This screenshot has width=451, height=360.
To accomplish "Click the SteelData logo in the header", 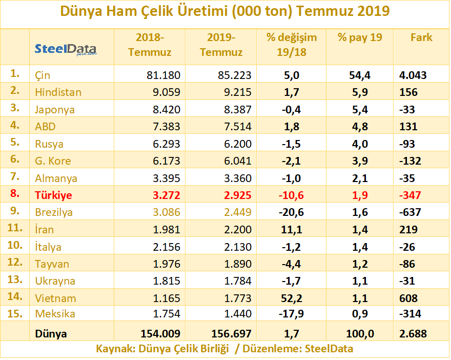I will click(x=65, y=50).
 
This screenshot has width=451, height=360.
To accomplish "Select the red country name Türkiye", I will click(x=53, y=195).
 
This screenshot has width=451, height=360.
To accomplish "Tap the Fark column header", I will click(x=421, y=37).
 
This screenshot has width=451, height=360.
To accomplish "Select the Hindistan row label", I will click(x=58, y=92).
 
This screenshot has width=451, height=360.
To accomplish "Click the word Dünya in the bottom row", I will click(x=51, y=334).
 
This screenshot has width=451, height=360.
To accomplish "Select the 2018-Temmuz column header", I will click(x=150, y=45).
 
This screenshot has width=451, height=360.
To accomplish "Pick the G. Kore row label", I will click(x=53, y=161).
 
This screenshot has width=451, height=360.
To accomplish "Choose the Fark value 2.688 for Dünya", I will click(x=413, y=334).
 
